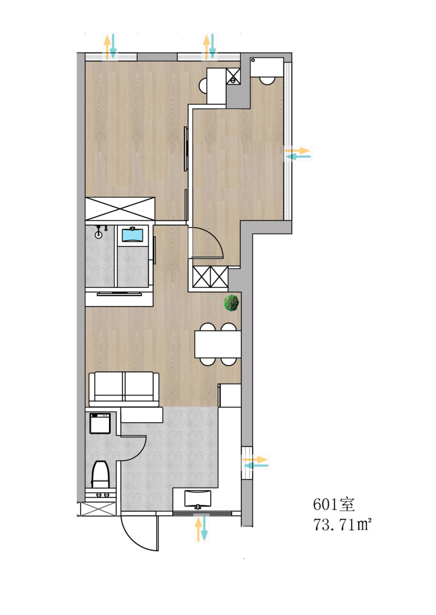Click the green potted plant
231,303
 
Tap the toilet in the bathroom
100,475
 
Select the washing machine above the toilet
100,423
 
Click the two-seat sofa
124,389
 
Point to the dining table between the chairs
218,344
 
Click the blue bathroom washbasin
133,235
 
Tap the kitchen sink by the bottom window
197,498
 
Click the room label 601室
333,504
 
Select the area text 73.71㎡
342,524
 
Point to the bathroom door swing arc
137,451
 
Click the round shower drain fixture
98,235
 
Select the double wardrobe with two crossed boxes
210,277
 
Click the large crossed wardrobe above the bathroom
120,209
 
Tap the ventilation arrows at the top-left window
110,46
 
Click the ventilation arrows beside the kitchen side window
255,462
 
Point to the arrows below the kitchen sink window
202,529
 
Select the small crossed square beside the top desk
233,75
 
